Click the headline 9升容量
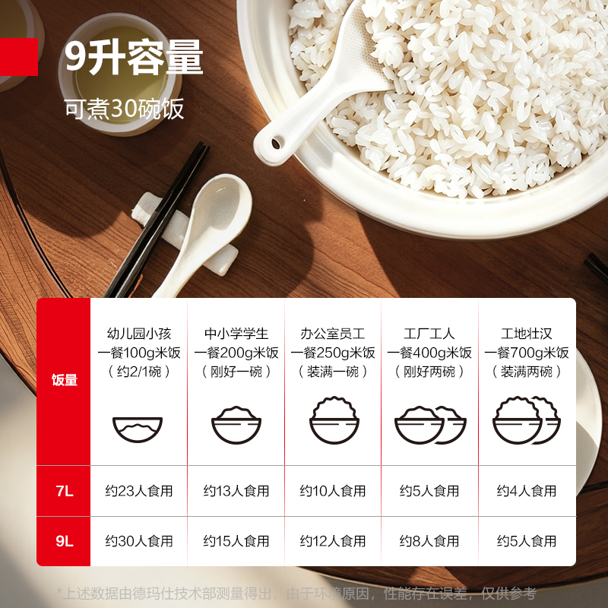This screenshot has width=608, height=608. pyautogui.click(x=134, y=58)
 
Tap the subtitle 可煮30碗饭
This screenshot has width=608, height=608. pyautogui.click(x=124, y=109)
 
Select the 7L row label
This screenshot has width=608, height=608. pyautogui.click(x=65, y=491)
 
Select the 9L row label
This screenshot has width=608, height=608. pyautogui.click(x=65, y=541)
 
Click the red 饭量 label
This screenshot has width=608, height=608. pyautogui.click(x=65, y=380)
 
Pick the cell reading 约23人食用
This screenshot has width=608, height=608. pyautogui.click(x=139, y=491)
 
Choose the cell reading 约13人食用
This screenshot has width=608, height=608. pyautogui.click(x=236, y=491)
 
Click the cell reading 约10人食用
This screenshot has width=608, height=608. pyautogui.click(x=333, y=491)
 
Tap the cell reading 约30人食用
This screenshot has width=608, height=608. pyautogui.click(x=139, y=541)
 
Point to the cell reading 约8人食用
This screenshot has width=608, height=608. pyautogui.click(x=429, y=541)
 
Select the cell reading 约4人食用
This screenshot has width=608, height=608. pyautogui.click(x=527, y=491)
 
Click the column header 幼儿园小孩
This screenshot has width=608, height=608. pyautogui.click(x=139, y=334)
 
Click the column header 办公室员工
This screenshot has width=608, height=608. pyautogui.click(x=333, y=334)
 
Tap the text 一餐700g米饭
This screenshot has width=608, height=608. pyautogui.click(x=527, y=353)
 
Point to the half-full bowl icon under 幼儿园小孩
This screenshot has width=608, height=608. pyautogui.click(x=138, y=429)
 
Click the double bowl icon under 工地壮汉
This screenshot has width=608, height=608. pyautogui.click(x=527, y=420)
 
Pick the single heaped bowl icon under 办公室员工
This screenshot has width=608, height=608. pyautogui.click(x=334, y=420)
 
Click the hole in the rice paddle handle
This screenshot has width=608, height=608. pyautogui.click(x=276, y=144)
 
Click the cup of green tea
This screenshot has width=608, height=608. pyautogui.click(x=120, y=74)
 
